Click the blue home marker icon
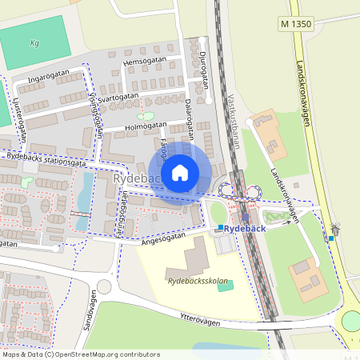[180, 173]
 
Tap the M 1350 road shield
[296, 24]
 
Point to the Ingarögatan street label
[49, 78]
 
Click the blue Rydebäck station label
[244, 229]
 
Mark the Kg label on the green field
[34, 43]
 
